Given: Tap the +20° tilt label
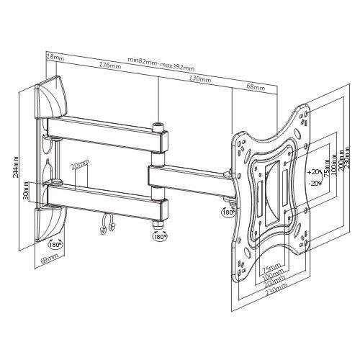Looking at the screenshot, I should [x=312, y=173].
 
